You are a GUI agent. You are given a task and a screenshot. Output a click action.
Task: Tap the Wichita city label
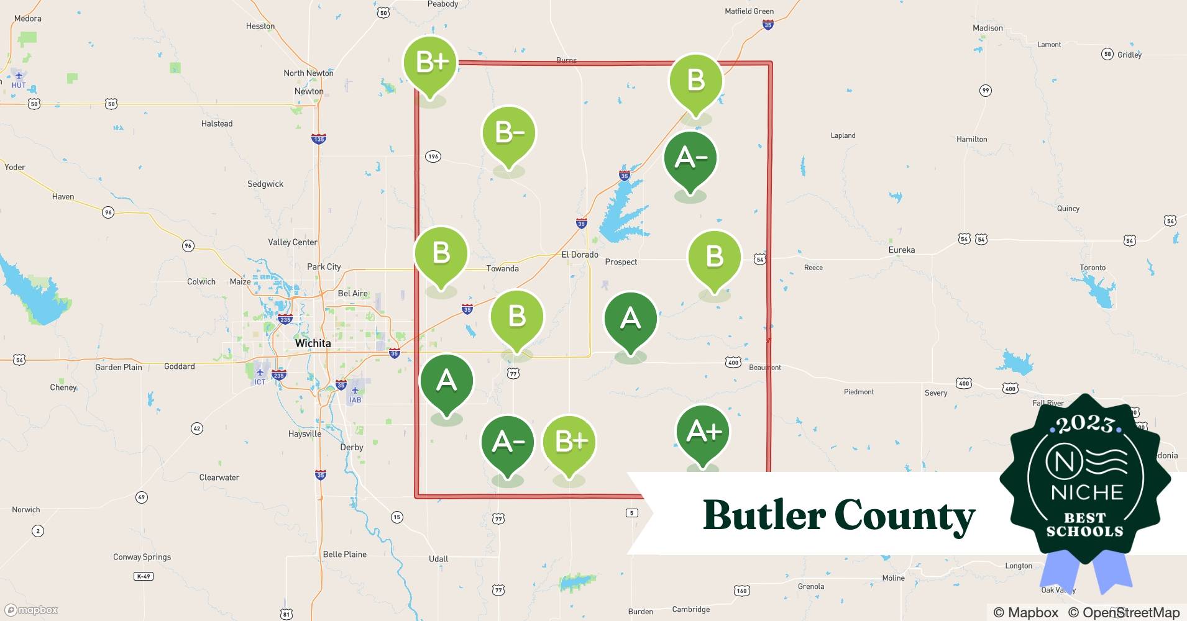(313, 343)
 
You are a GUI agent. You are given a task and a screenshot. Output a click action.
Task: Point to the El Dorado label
(580, 255)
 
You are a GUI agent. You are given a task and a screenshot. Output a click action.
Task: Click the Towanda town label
(502, 269)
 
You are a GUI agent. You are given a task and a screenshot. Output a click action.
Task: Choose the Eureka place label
(901, 250)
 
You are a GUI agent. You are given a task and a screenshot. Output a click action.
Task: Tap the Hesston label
(260, 26)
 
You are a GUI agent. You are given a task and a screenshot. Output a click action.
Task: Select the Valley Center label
(292, 242)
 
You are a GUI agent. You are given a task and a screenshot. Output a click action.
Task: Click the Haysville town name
(305, 434)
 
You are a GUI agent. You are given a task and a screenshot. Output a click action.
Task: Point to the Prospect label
(621, 262)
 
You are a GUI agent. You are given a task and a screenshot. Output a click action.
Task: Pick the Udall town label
(438, 559)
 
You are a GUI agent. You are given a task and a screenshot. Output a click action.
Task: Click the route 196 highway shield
(433, 156)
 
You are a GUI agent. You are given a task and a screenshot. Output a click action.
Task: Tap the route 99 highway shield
(985, 91)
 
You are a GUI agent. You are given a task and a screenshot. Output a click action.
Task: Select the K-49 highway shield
(143, 576)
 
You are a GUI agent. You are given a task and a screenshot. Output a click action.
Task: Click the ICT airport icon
(260, 373)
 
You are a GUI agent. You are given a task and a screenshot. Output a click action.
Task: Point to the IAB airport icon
(355, 391)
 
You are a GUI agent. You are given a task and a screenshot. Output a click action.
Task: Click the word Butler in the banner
(763, 515)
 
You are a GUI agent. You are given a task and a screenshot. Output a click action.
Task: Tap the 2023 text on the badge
(1084, 425)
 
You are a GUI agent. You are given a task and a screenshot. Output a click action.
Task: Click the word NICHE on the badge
(1087, 492)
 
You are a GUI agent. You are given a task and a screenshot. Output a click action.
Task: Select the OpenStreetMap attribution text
(1124, 612)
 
